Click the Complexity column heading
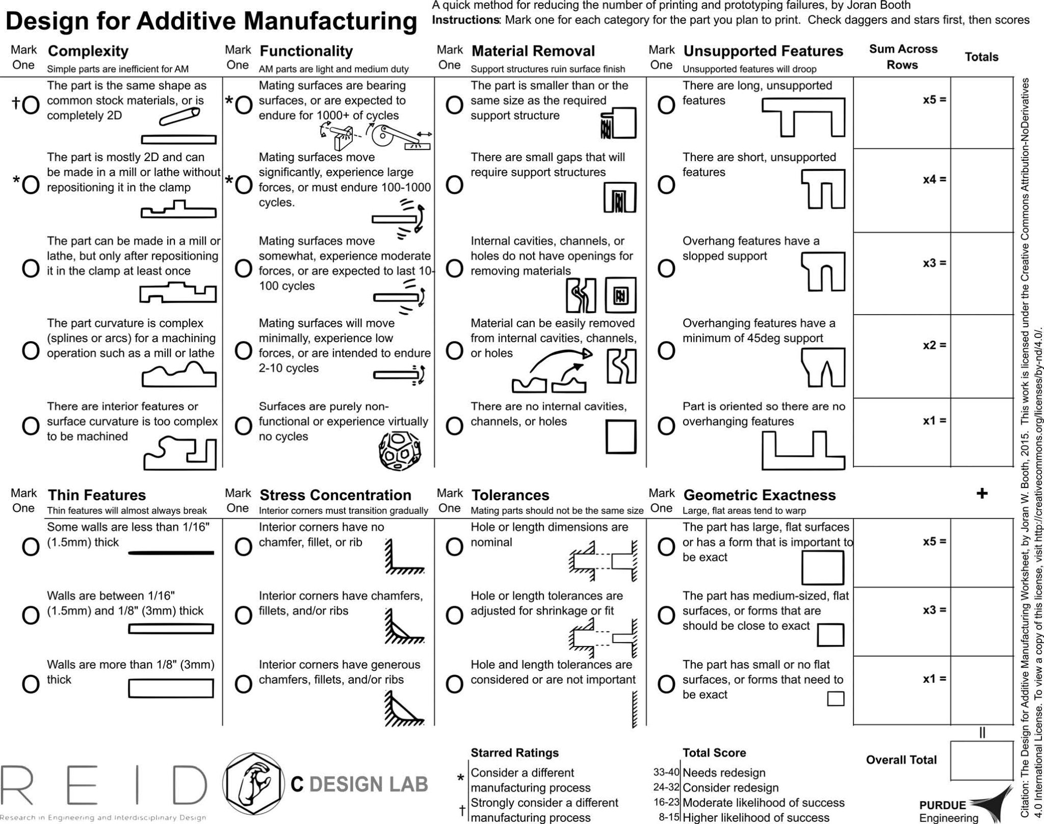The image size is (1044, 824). coord(88,51)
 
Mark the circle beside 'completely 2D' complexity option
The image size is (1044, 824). coord(31,106)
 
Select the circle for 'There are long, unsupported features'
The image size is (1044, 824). coord(666,106)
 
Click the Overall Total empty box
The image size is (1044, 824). coord(981,760)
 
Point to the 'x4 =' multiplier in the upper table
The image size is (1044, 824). coord(934,179)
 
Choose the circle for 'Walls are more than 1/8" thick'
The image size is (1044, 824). coord(31,685)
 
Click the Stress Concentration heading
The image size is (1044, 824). coord(335,495)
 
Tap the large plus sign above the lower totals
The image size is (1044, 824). coord(982,493)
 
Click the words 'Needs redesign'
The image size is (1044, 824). coord(724,772)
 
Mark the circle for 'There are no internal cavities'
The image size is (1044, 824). coord(454,426)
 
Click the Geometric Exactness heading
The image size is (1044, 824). coord(760,495)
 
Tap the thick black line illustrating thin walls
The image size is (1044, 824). coord(171,552)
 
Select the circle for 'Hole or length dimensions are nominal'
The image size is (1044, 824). coord(454,547)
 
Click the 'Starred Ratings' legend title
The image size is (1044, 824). coord(514,753)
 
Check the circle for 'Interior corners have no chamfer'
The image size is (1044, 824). coord(243,547)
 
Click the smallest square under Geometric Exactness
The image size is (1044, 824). coord(836,698)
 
